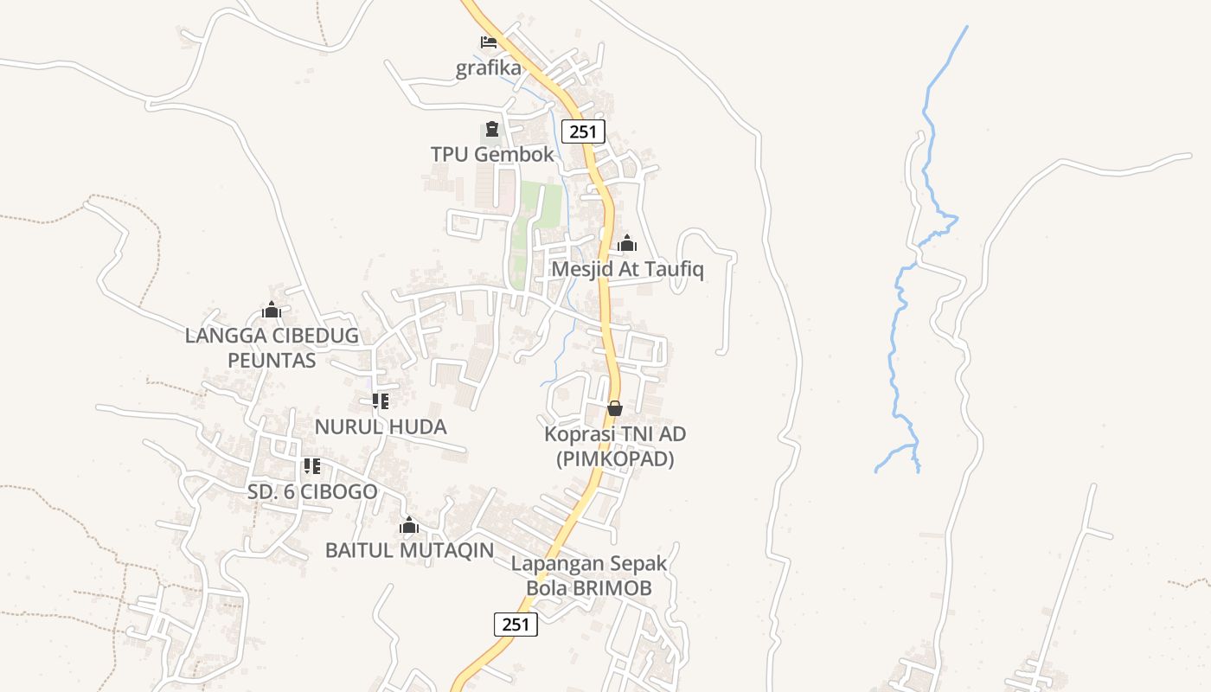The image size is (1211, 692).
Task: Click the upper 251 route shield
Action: click(583, 131)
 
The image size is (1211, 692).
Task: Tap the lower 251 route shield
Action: click(516, 625)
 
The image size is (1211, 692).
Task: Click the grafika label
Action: click(489, 68)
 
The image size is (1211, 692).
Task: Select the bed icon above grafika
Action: click(489, 42)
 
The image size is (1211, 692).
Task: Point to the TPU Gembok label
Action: click(492, 155)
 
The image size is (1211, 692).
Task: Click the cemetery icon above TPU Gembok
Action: click(492, 130)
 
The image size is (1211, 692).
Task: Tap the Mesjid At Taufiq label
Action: click(627, 269)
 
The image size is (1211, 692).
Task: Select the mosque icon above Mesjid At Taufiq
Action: click(627, 243)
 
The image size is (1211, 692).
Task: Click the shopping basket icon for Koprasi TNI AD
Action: click(615, 407)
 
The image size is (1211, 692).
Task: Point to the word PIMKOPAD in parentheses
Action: click(615, 459)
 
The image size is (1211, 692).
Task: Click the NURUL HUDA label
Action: click(381, 426)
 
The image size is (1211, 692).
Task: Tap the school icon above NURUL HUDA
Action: click(381, 401)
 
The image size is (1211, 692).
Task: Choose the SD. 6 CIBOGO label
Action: click(312, 492)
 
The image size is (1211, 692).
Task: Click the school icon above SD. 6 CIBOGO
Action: click(312, 467)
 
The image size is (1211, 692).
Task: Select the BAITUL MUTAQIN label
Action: click(409, 550)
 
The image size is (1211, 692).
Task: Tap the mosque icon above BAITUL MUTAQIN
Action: click(409, 525)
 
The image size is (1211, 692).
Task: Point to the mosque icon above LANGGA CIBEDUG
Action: click(272, 310)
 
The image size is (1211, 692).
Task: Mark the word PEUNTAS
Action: click(272, 360)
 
